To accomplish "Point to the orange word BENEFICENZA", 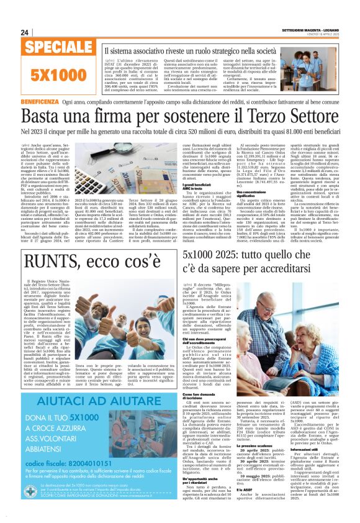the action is point(38,101).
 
